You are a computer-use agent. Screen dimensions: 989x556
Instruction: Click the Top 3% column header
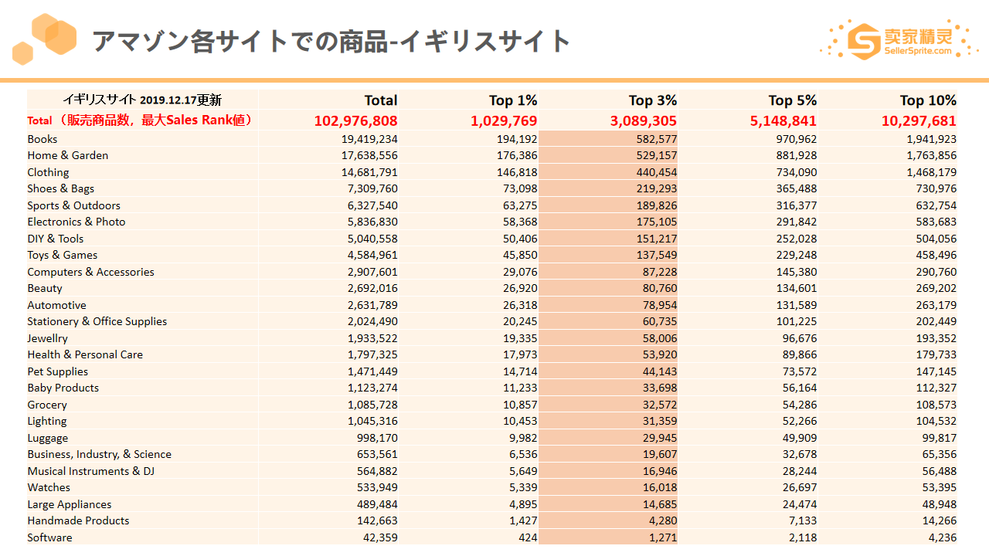click(x=653, y=100)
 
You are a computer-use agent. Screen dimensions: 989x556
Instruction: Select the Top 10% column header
click(x=928, y=100)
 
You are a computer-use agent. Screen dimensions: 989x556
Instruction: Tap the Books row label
click(x=42, y=139)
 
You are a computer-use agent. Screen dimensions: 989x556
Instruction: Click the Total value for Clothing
click(x=369, y=172)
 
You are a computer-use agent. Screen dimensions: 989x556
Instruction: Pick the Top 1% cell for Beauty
click(x=520, y=288)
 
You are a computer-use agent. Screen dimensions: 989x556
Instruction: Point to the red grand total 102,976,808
click(x=355, y=120)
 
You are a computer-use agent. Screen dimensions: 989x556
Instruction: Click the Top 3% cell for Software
click(x=663, y=537)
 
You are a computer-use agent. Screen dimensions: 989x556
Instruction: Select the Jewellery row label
click(x=48, y=338)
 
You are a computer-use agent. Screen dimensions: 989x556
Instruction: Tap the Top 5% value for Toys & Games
click(x=797, y=255)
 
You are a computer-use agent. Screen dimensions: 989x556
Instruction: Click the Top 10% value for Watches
click(x=939, y=487)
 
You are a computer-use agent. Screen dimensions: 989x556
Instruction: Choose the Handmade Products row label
click(x=78, y=520)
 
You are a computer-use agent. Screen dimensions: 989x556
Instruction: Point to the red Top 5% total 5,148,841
click(x=783, y=120)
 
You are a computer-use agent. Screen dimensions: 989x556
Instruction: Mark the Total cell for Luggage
click(x=377, y=438)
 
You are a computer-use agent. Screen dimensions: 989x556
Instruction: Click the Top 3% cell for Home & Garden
click(x=657, y=155)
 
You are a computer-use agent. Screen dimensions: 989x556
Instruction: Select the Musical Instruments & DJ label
click(x=91, y=471)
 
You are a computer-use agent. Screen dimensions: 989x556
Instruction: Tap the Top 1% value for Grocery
click(x=520, y=405)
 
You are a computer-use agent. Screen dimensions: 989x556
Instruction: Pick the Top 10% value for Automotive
click(x=936, y=305)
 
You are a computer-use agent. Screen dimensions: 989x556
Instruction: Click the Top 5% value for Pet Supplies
click(x=800, y=371)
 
